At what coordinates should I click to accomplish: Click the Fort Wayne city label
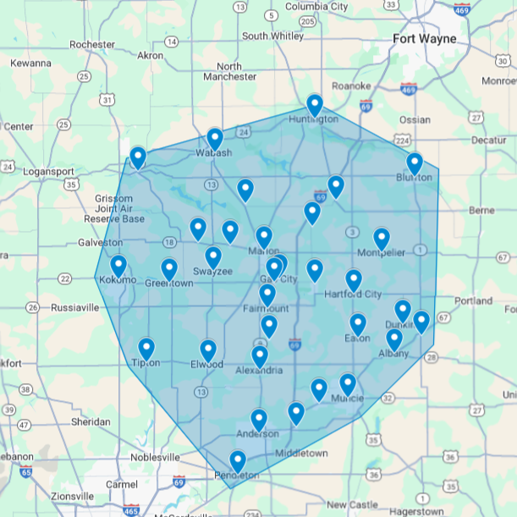[x=424, y=39]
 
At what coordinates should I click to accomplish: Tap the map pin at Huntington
[x=315, y=105]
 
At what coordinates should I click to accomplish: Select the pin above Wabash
[x=215, y=139]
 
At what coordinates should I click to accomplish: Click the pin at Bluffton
[x=415, y=163]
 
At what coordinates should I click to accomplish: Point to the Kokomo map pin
[x=118, y=266]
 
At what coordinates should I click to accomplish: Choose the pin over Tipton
[x=146, y=349]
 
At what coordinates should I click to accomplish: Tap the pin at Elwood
[x=208, y=350]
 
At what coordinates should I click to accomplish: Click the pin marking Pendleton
[x=238, y=461]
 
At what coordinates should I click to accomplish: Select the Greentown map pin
[x=169, y=269]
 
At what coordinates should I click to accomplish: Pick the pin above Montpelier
[x=382, y=239]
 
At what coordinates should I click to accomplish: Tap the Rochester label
[x=92, y=44]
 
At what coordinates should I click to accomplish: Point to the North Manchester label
[x=229, y=71]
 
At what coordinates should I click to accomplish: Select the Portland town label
[x=473, y=300]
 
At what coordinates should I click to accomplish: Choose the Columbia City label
[x=316, y=7]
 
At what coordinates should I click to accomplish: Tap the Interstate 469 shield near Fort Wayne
[x=408, y=88]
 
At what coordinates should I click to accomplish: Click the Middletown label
[x=301, y=454]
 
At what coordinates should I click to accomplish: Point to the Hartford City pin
[x=354, y=280]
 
